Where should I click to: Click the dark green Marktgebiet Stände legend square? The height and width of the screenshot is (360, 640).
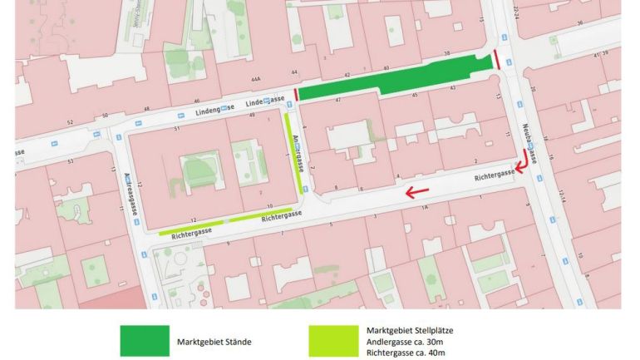pyautogui.click(x=145, y=341)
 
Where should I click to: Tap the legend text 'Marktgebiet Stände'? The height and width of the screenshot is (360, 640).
pyautogui.click(x=214, y=342)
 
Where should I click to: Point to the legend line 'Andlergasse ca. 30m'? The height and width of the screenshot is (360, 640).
pyautogui.click(x=410, y=341)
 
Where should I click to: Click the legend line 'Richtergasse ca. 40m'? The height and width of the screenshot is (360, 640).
pyautogui.click(x=410, y=353)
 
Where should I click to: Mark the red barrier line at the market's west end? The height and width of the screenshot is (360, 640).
pyautogui.click(x=296, y=96)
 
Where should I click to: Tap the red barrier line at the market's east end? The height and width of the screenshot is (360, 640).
pyautogui.click(x=496, y=59)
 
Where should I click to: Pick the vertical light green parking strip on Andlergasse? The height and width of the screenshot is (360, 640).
pyautogui.click(x=294, y=154)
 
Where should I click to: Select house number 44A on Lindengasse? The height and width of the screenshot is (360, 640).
pyautogui.click(x=257, y=79)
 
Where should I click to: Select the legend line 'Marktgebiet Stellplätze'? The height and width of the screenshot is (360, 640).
pyautogui.click(x=410, y=330)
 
